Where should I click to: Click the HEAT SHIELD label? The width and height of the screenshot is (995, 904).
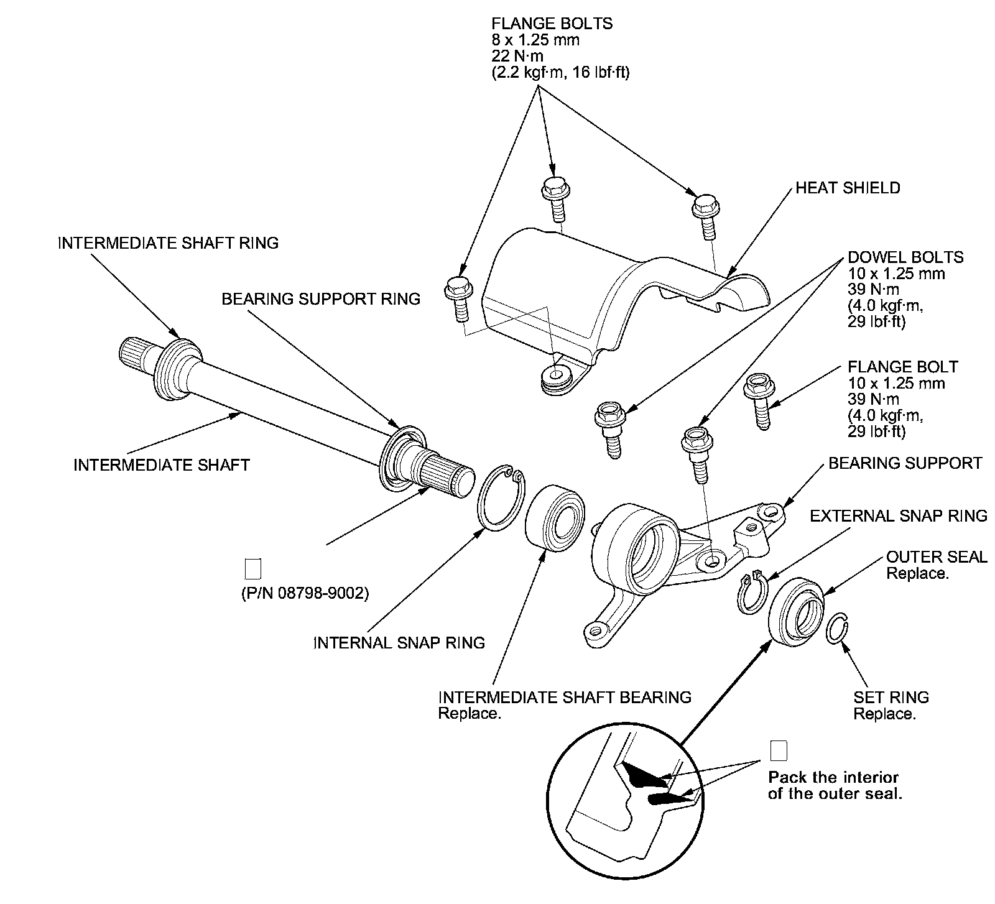pyautogui.click(x=848, y=188)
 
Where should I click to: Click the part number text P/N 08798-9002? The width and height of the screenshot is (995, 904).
pyautogui.click(x=305, y=594)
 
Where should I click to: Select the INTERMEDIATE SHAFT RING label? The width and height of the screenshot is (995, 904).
pyautogui.click(x=168, y=242)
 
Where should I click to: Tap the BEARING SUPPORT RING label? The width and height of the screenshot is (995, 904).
pyautogui.click(x=321, y=299)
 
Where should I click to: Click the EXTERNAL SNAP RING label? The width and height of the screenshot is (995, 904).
pyautogui.click(x=899, y=515)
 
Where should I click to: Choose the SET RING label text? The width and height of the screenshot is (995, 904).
pyautogui.click(x=891, y=698)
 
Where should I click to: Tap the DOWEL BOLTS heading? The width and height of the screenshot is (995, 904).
pyautogui.click(x=905, y=257)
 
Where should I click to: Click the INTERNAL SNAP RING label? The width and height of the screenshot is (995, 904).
pyautogui.click(x=399, y=642)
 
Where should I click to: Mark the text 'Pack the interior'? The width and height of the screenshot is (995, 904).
pyautogui.click(x=833, y=777)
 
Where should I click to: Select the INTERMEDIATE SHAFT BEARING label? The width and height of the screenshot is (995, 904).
pyautogui.click(x=565, y=697)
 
